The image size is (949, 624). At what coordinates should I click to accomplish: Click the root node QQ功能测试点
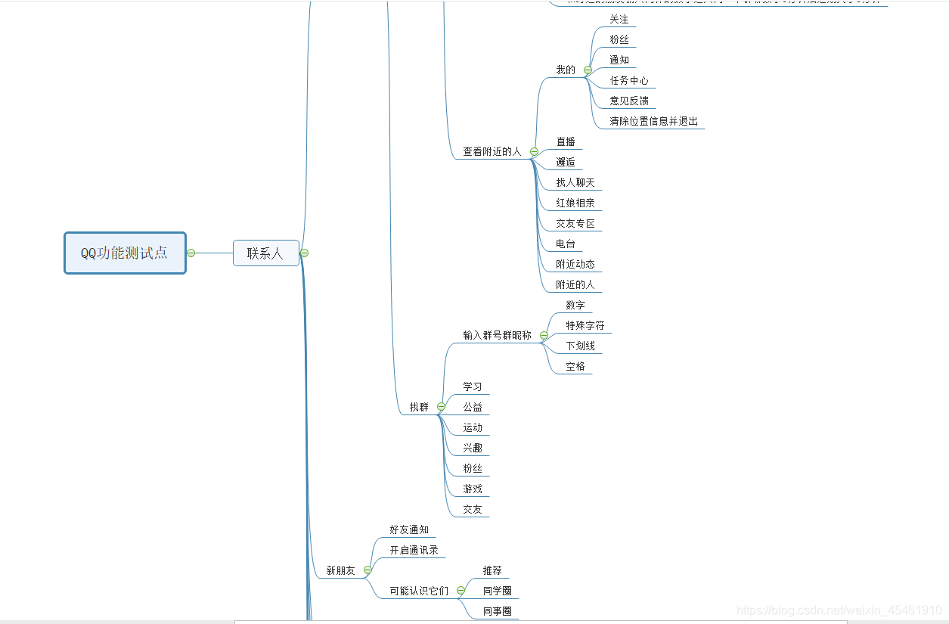(125, 253)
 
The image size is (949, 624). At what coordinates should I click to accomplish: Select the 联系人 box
(265, 253)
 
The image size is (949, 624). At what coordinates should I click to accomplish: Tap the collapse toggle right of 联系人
(304, 253)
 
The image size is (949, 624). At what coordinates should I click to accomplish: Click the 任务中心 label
(628, 80)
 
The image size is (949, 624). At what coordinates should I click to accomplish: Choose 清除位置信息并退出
(653, 121)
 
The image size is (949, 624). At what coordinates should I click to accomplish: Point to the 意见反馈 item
(628, 101)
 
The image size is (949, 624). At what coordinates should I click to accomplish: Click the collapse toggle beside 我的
(588, 70)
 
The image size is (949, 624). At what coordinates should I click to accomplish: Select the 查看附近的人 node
(492, 151)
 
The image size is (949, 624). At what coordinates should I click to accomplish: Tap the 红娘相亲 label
(575, 203)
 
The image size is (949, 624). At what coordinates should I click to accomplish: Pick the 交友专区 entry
(575, 223)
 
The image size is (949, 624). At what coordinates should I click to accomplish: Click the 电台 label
(565, 244)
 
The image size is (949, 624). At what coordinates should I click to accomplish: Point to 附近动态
(575, 264)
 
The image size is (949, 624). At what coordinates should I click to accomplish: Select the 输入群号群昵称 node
(497, 335)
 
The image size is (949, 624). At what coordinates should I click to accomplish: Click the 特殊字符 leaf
(585, 325)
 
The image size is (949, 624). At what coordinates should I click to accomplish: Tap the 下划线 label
(580, 346)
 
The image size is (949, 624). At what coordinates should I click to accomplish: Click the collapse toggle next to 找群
(441, 407)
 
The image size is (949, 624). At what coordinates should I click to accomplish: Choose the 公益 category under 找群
(473, 407)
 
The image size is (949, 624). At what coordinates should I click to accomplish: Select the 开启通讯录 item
(414, 550)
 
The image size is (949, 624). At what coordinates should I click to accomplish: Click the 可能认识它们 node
(419, 591)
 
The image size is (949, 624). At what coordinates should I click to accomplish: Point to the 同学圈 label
(498, 591)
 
